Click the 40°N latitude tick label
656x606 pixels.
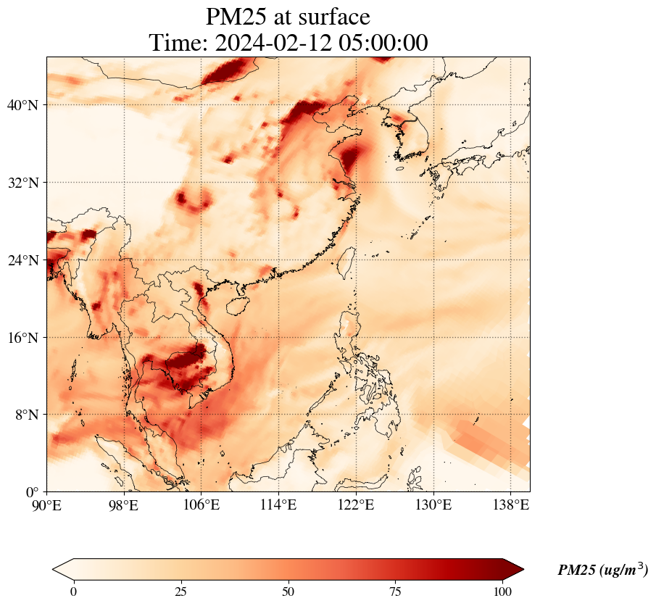27,105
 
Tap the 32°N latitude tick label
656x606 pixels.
27,183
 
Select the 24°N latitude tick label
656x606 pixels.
27,260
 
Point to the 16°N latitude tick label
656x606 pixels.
27,338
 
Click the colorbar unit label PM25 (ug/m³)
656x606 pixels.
602,570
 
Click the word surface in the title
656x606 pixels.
329,16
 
